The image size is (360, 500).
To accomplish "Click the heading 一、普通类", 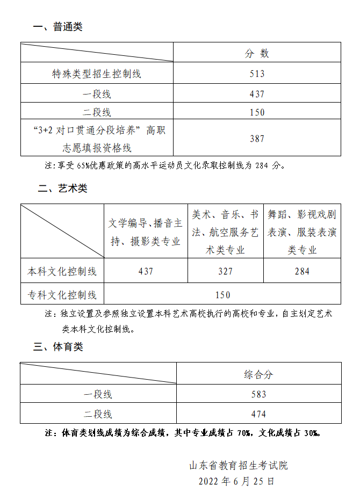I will (x=57, y=27).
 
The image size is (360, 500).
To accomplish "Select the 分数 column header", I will (x=257, y=53).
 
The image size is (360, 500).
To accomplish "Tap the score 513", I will (x=257, y=74).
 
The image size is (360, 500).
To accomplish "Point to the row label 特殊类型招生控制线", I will (x=97, y=74).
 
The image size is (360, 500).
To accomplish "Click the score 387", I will (x=257, y=138).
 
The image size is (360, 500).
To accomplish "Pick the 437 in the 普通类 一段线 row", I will (x=257, y=94).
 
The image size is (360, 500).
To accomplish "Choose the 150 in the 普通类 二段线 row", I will (x=257, y=112).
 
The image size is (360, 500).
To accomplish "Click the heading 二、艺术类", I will (x=62, y=189).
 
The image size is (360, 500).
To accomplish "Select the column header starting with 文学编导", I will (x=146, y=232).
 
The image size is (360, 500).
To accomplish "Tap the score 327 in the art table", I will (x=226, y=271).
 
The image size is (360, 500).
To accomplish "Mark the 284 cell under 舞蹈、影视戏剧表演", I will (x=302, y=271).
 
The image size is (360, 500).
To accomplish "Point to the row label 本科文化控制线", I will (x=62, y=271).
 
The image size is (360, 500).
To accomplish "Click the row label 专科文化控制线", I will (x=62, y=294).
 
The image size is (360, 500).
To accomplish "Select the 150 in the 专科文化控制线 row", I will (x=222, y=294).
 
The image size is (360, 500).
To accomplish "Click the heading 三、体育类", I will (x=58, y=347).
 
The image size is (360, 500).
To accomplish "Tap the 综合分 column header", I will (x=258, y=374).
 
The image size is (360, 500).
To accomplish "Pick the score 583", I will (x=258, y=394).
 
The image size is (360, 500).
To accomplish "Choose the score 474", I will (x=258, y=414).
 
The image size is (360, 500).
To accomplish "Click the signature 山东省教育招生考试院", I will (x=239, y=465).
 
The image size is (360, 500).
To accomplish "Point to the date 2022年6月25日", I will (x=236, y=481).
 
